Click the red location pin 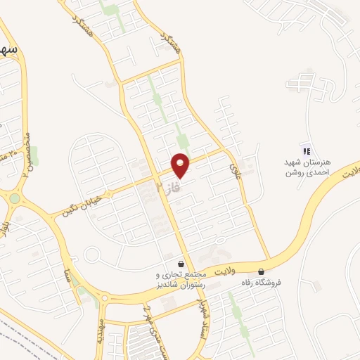click(x=181, y=165)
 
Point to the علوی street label click(x=235, y=167)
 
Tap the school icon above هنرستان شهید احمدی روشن click(x=305, y=150)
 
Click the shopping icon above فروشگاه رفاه click(x=262, y=271)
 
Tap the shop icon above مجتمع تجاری click(x=181, y=262)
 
